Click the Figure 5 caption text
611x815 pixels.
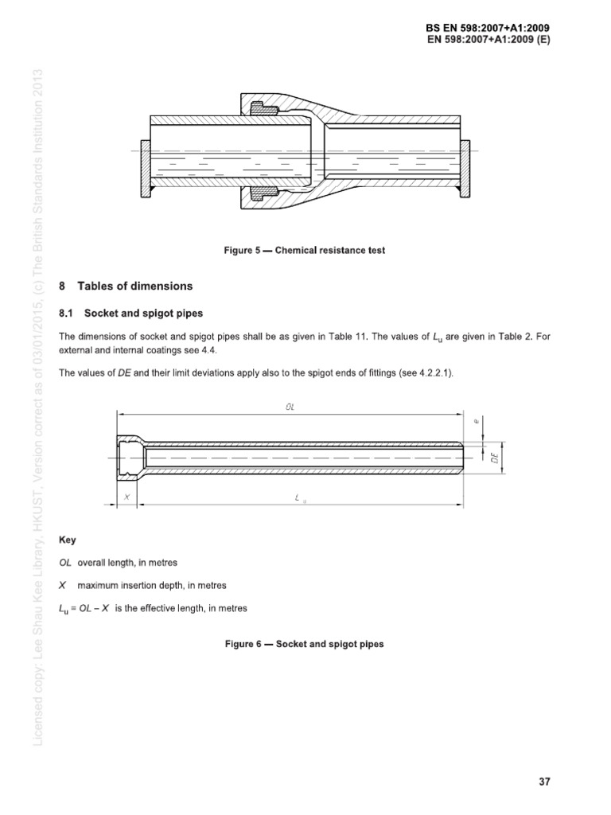point(305,250)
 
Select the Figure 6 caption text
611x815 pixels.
point(305,643)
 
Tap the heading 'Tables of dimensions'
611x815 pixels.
point(134,286)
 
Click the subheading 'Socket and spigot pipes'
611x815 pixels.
point(138,314)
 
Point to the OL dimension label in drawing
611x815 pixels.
point(290,406)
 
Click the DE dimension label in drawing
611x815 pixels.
point(495,458)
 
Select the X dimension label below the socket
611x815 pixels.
point(126,496)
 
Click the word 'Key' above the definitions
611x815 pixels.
point(68,540)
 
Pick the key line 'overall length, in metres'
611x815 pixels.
point(127,563)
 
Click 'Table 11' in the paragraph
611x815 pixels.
point(350,337)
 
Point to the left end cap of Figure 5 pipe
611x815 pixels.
point(145,169)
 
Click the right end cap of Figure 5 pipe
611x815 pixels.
point(466,169)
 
